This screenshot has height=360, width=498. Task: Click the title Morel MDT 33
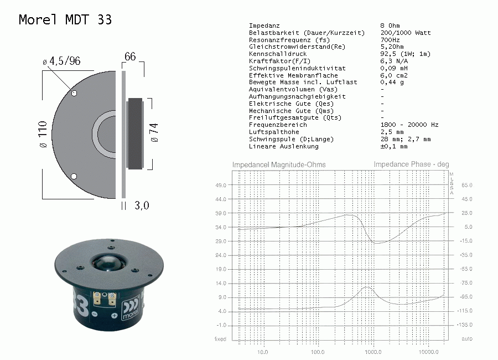pos(65,20)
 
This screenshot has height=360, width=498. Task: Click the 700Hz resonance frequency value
pos(390,40)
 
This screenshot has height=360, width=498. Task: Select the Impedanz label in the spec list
pos(264,25)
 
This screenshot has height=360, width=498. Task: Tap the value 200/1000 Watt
pos(406,33)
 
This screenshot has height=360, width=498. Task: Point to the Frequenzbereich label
pos(278,125)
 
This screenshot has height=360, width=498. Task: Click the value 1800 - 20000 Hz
pos(409,125)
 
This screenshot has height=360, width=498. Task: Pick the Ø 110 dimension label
pos(43,134)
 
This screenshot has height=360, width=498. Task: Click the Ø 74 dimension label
pos(154,132)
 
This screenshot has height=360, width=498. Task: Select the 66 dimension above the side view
pos(130,56)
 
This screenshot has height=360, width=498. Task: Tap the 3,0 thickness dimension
pos(142,205)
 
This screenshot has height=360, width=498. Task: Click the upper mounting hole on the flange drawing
pos(74,93)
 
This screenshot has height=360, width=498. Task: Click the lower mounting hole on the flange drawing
pos(74,176)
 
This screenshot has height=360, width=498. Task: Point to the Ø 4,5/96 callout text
pos(61,61)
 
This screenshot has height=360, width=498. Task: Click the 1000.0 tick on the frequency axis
pos(373,352)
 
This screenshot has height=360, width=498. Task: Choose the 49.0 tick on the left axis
pos(221,185)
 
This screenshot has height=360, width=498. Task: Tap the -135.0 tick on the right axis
pos(465,325)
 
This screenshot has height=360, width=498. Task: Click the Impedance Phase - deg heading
pos(411,164)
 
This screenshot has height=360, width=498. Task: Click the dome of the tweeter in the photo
pos(107,263)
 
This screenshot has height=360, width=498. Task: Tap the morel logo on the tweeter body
pos(131,309)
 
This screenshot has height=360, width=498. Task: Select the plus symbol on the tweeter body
pos(115,316)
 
